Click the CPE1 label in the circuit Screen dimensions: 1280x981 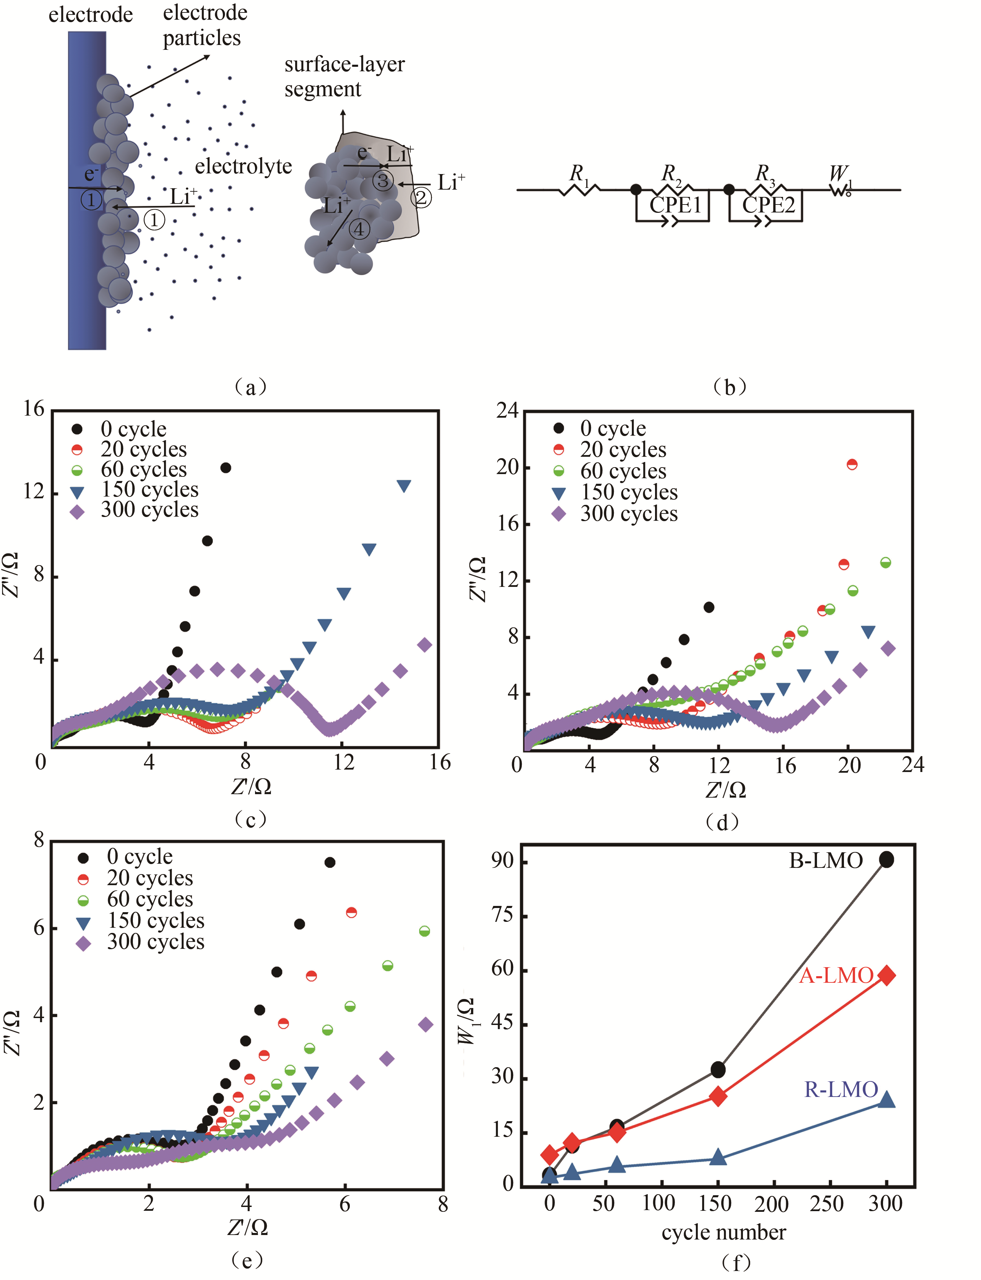[x=675, y=205]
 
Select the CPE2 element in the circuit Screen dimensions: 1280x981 [x=769, y=205]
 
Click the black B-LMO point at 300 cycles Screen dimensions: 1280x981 [x=887, y=860]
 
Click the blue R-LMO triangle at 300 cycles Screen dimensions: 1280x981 [x=887, y=1100]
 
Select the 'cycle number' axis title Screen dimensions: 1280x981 [x=724, y=1232]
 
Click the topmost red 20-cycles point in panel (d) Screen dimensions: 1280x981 [x=852, y=465]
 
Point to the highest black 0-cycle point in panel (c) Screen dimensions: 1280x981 [x=225, y=468]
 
